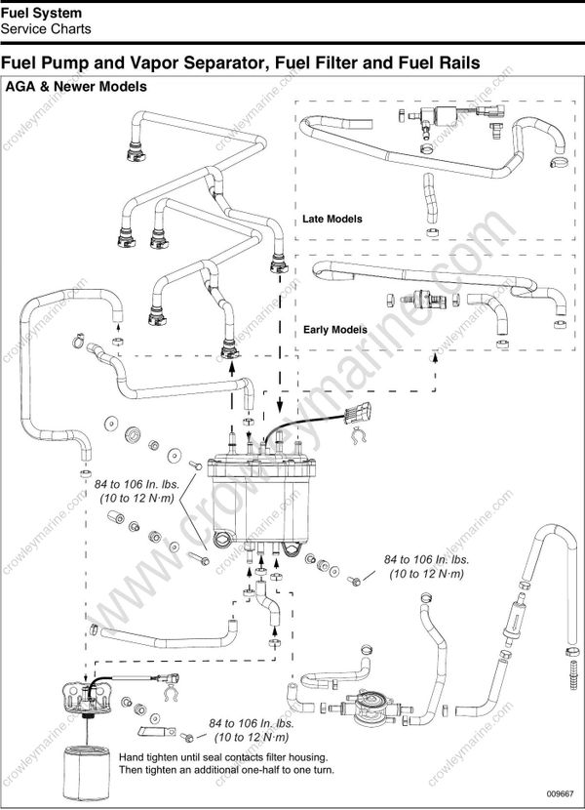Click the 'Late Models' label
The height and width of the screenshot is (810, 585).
coord(331,219)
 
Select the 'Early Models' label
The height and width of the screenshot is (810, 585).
coord(334,330)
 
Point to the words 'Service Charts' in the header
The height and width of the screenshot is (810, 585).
coord(46,29)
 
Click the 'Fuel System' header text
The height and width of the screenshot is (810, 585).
coord(41,13)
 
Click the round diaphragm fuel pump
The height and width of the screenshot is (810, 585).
coord(370,704)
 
